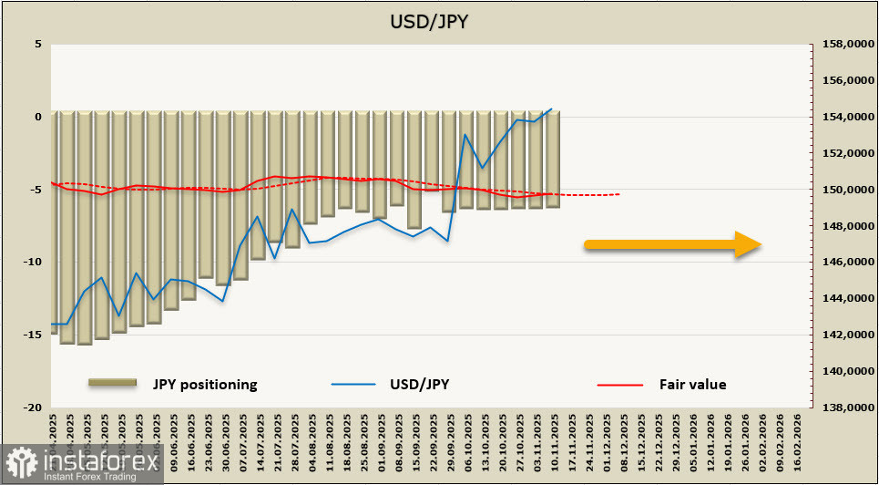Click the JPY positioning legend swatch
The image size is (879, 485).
point(112,384)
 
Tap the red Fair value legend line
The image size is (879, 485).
point(621,384)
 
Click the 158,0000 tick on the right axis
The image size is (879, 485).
point(843,44)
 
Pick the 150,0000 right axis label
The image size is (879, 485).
point(843,190)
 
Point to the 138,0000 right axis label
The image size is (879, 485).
point(843,408)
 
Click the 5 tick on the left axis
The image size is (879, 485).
point(38,44)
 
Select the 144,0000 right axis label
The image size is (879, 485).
point(843,298)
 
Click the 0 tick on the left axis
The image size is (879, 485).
point(38,117)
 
